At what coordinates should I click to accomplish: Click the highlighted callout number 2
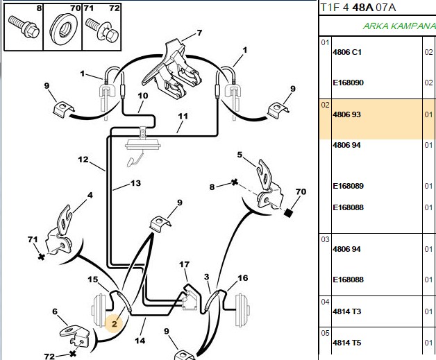point(115,324)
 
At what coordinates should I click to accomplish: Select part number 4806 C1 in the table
point(347,52)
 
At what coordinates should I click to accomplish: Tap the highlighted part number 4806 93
point(346,114)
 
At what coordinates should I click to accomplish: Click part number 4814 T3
point(346,311)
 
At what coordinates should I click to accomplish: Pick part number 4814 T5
point(346,343)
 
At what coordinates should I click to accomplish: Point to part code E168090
point(348,83)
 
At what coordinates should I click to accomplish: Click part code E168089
point(348,186)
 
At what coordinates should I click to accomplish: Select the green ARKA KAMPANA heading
point(399,26)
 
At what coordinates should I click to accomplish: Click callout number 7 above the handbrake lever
point(199,33)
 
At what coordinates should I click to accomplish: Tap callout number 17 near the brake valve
point(185,264)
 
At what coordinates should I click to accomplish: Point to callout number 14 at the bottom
point(140,341)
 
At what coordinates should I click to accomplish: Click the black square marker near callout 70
point(288,213)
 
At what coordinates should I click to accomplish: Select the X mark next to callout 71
point(42,257)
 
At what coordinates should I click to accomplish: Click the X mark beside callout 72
point(73,354)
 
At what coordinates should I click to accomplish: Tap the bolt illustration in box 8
point(24,26)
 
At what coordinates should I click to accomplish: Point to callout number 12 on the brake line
point(83,160)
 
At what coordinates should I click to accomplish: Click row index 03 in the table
point(325,239)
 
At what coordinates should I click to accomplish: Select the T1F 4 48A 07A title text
point(358,8)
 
